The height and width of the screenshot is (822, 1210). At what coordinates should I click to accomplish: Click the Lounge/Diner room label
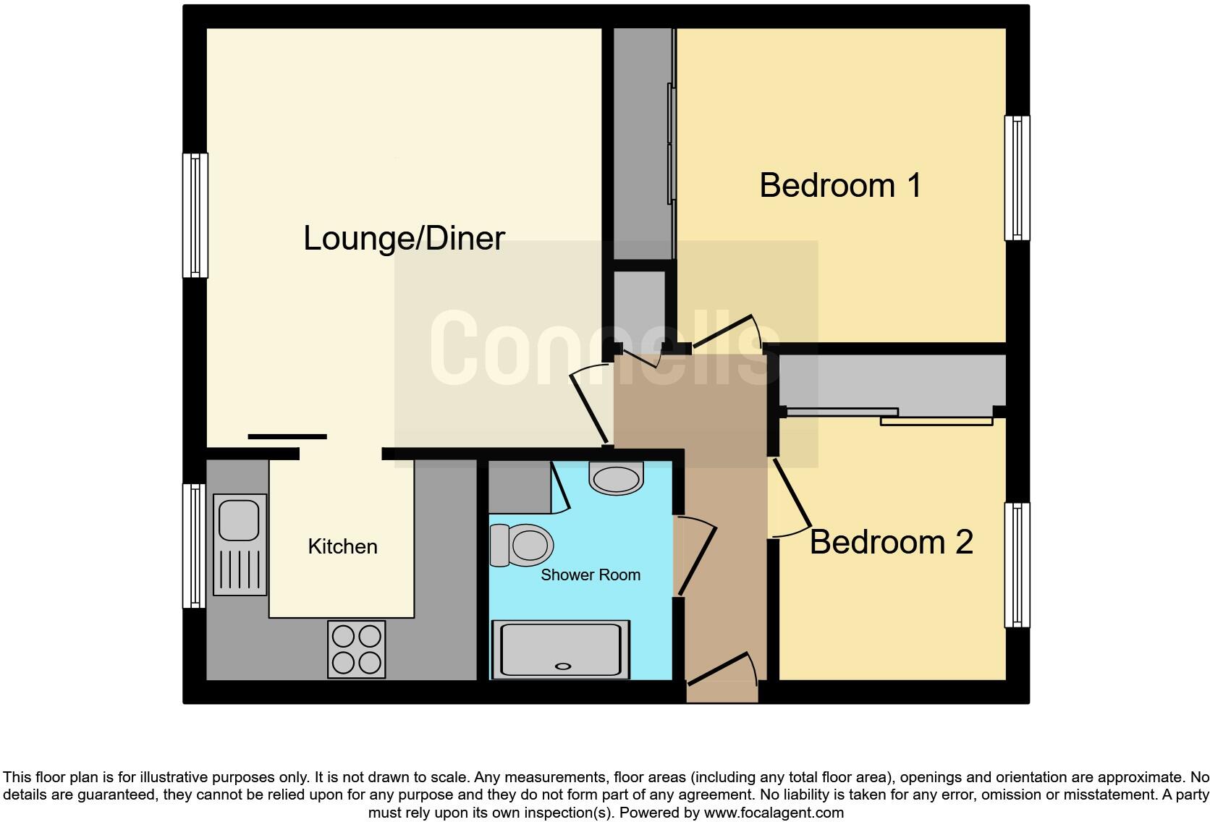[404, 238]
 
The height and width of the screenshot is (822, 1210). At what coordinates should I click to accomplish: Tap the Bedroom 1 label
[840, 185]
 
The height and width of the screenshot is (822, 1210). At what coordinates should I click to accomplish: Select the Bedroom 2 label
[891, 542]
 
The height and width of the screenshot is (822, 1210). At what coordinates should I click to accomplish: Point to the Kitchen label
[342, 546]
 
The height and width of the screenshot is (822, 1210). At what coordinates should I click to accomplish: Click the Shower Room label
[591, 575]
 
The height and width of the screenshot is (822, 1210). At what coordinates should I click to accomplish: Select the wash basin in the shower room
[617, 478]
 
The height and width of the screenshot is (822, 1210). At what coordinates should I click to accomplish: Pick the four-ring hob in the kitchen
[356, 649]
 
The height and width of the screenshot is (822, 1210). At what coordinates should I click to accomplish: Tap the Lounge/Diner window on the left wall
[195, 215]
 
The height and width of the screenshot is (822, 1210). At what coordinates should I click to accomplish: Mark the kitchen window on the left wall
[194, 546]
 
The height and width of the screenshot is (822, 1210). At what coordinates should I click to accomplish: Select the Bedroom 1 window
[1017, 178]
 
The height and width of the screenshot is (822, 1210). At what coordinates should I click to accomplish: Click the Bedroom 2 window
[1017, 564]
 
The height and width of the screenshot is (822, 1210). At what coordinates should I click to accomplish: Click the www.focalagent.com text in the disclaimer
[774, 813]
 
